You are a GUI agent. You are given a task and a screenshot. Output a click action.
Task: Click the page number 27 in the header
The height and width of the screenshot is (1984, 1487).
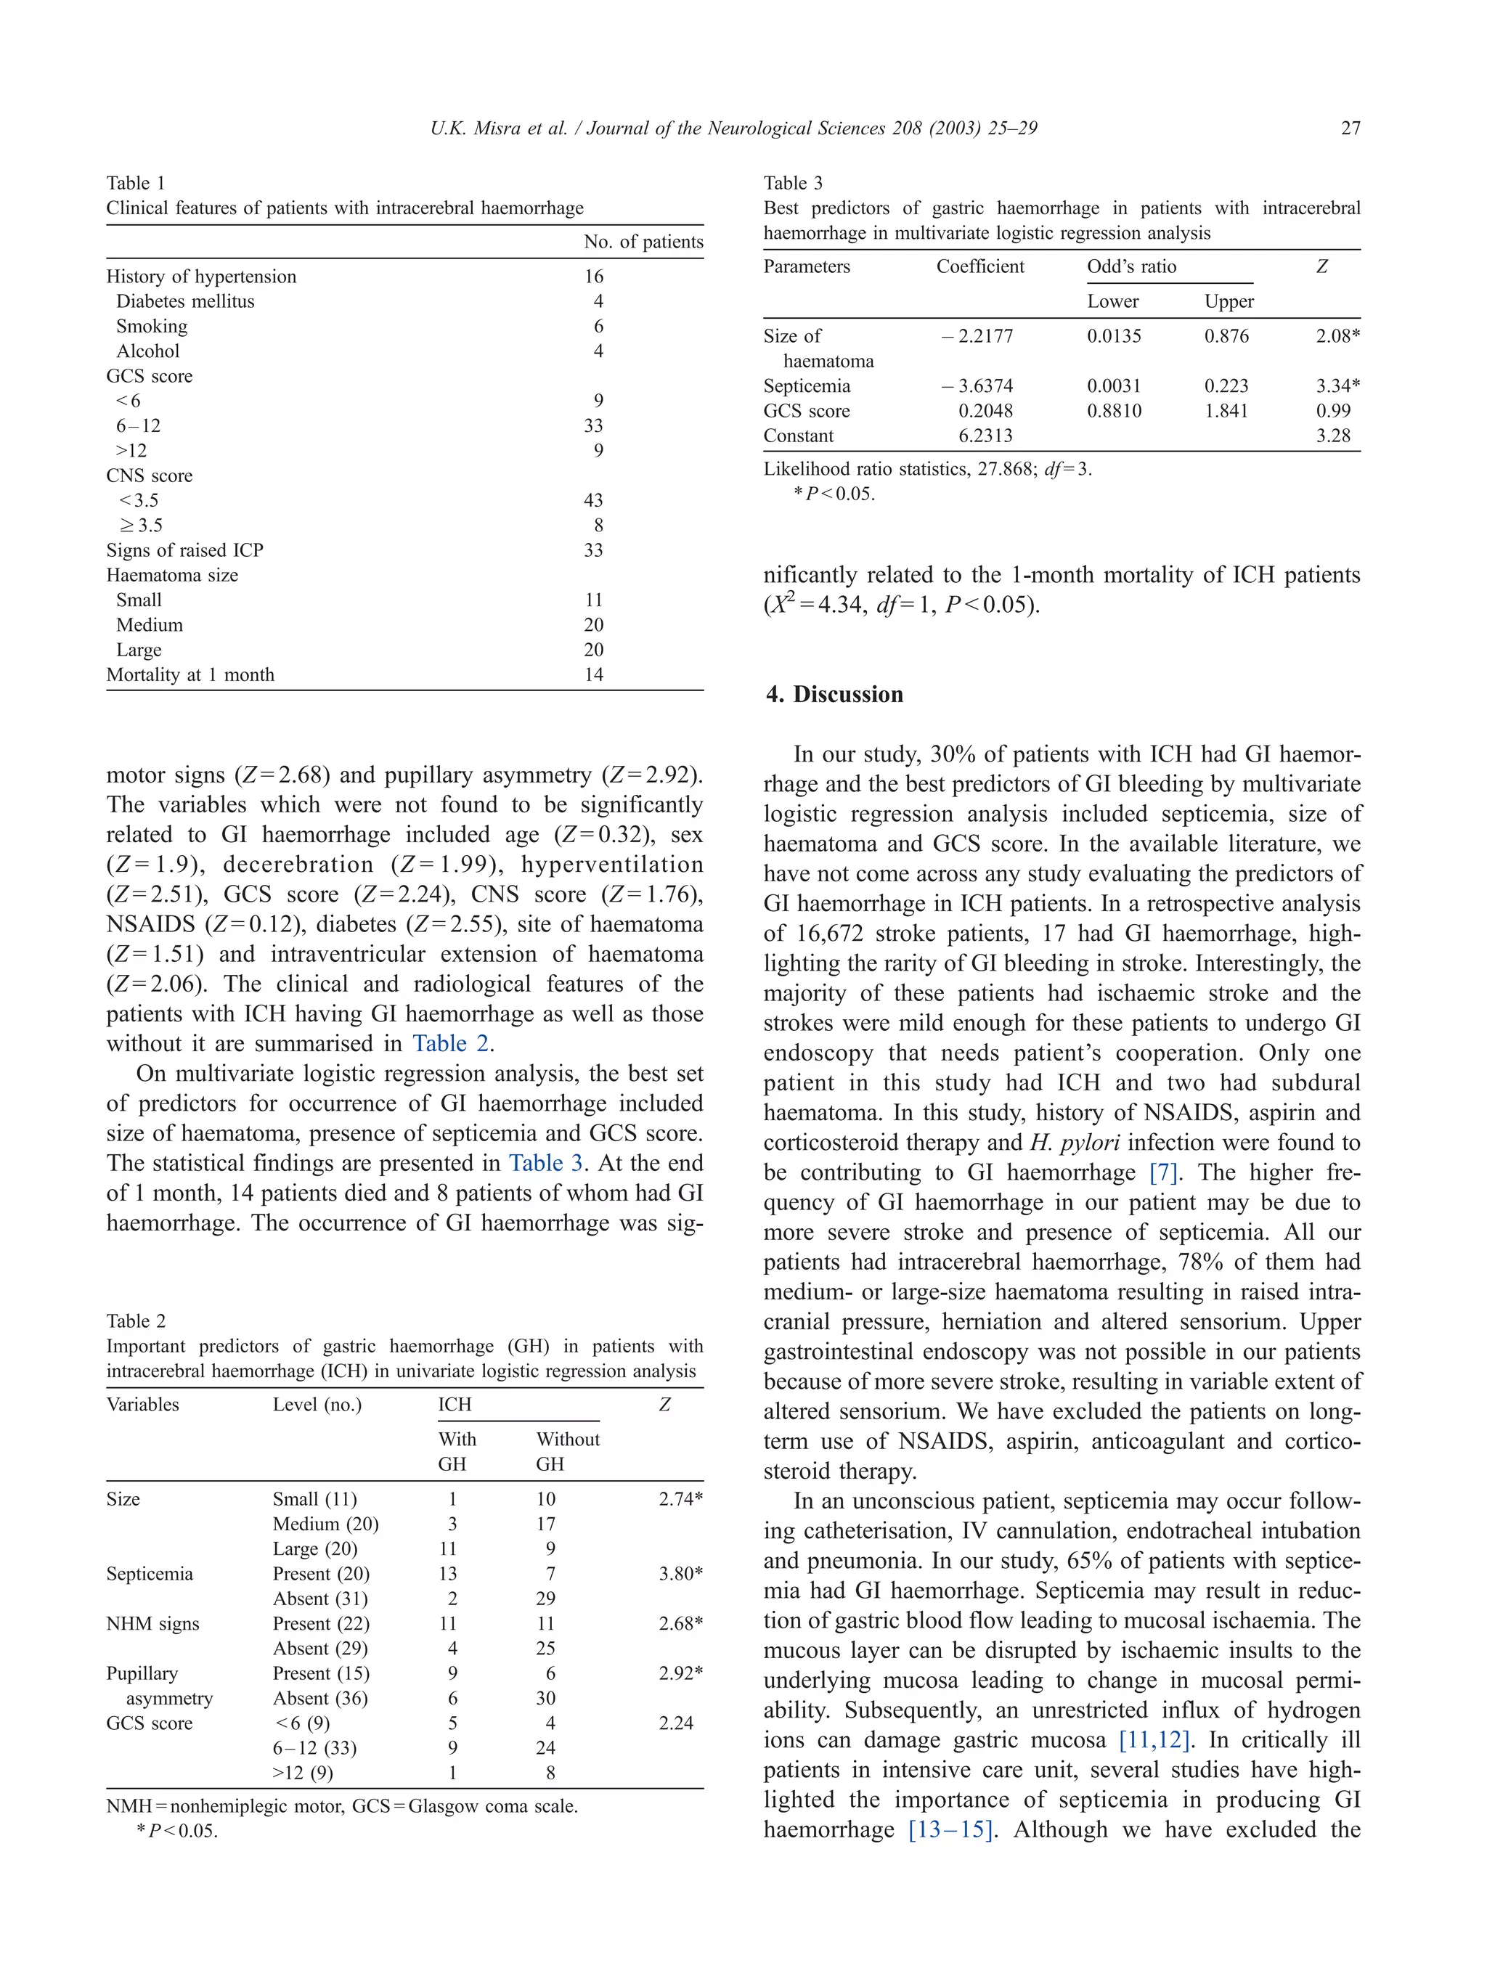[1350, 128]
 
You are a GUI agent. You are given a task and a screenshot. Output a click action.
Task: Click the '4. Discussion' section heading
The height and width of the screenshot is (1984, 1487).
[834, 694]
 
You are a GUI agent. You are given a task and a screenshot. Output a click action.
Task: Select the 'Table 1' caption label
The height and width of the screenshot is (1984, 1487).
[136, 183]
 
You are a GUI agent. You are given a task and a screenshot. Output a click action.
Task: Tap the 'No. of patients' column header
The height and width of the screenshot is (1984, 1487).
[643, 241]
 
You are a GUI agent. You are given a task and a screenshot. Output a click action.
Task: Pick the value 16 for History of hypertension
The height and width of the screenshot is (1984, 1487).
[592, 277]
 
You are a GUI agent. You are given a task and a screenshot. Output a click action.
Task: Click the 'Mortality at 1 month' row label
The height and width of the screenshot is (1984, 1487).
[190, 674]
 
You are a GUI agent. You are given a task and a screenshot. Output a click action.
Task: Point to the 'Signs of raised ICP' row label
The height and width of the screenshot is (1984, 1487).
[184, 550]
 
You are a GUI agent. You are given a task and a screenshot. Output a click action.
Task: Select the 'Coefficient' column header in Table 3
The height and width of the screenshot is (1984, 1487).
[979, 266]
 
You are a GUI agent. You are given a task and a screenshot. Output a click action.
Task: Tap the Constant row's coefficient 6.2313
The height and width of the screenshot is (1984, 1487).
[985, 436]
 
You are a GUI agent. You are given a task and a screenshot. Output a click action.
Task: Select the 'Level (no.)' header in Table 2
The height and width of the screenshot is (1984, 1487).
[317, 1405]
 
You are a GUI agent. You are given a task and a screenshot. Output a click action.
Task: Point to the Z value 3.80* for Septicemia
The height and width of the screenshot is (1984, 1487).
[680, 1573]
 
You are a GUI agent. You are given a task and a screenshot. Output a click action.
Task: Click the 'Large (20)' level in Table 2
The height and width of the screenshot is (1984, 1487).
[315, 1549]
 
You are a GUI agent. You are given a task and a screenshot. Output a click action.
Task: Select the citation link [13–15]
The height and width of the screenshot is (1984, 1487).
[950, 1829]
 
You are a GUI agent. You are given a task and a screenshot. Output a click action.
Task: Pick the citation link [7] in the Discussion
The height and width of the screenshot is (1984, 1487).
[1162, 1172]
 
